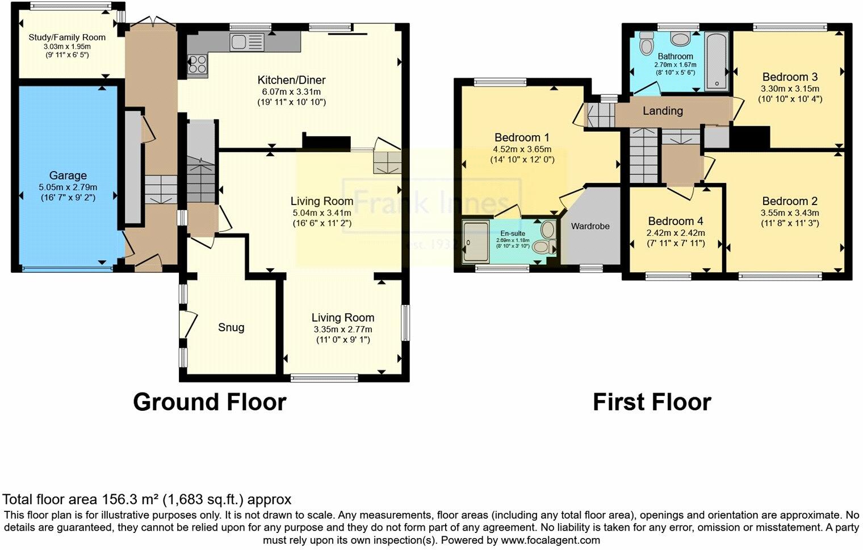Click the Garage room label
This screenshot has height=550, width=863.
click(x=68, y=176)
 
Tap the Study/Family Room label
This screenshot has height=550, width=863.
click(x=67, y=37)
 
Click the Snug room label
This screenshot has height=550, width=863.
click(x=231, y=327)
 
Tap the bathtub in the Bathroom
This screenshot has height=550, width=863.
click(x=717, y=61)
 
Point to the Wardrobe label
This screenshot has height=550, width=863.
click(x=590, y=226)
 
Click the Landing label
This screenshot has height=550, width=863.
click(x=663, y=111)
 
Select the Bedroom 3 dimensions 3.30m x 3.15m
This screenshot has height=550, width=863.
click(x=790, y=89)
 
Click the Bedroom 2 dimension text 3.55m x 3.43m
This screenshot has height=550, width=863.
click(x=790, y=213)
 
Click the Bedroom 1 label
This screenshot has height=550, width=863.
click(x=522, y=137)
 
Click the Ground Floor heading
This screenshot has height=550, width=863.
click(x=210, y=402)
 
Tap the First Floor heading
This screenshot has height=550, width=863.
click(x=652, y=402)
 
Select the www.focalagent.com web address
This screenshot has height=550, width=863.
click(x=550, y=540)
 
